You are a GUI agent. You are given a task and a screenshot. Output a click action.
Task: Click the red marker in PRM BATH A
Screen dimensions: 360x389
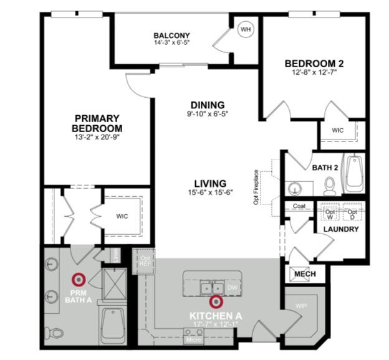point(79,280)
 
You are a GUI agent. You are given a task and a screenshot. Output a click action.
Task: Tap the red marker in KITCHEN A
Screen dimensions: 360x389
point(216,302)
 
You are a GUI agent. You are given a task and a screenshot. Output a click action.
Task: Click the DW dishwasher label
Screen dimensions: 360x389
point(233,288)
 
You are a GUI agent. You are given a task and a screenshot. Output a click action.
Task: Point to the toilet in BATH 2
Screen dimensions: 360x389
point(330,184)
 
